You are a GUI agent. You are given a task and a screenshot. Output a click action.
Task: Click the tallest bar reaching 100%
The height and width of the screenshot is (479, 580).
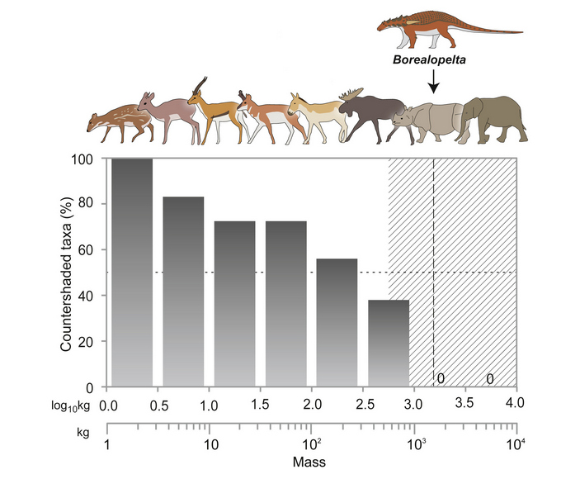(x=132, y=272)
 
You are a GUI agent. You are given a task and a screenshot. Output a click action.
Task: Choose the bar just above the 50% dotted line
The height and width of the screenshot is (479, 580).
(x=337, y=322)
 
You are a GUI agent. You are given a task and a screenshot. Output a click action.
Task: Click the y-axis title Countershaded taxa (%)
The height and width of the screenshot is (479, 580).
(x=65, y=273)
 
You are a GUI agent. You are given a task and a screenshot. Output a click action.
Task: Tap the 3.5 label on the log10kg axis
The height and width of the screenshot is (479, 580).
(x=465, y=404)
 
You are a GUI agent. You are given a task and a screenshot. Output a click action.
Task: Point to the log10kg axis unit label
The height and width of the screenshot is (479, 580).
(x=68, y=405)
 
